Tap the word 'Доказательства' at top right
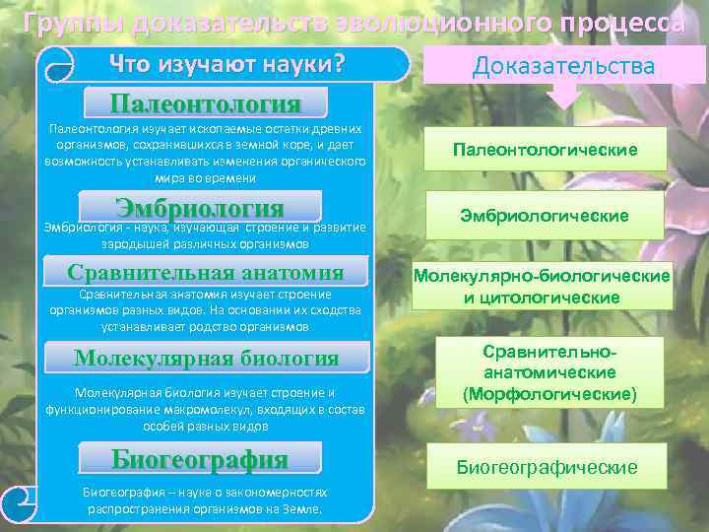pyautogui.click(x=563, y=66)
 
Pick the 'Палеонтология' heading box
pyautogui.click(x=205, y=103)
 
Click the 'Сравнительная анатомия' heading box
pyautogui.click(x=205, y=273)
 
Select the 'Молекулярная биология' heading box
pyautogui.click(x=206, y=359)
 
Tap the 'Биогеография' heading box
pyautogui.click(x=200, y=459)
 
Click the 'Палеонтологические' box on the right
pyautogui.click(x=545, y=150)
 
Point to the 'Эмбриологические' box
pyautogui.click(x=545, y=215)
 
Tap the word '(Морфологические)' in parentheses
pyautogui.click(x=549, y=394)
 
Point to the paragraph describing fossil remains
pyautogui.click(x=205, y=154)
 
